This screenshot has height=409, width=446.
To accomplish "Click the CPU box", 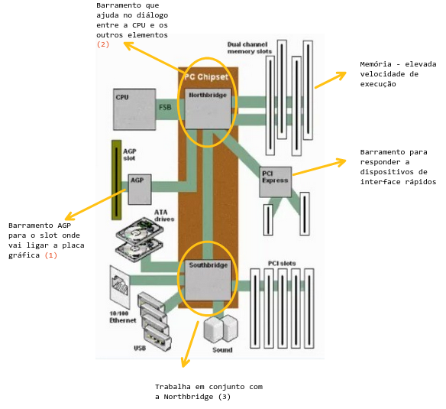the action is [134, 109].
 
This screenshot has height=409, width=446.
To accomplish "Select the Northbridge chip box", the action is [208, 109].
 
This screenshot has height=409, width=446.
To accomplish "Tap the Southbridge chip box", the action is [208, 281].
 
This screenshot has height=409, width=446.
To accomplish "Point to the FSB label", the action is [165, 107].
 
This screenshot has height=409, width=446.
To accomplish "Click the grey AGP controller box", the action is [139, 190].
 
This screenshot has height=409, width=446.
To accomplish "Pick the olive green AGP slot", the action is [116, 180].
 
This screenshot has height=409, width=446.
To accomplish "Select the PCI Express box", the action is [276, 182].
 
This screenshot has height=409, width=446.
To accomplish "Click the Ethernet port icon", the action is [120, 287].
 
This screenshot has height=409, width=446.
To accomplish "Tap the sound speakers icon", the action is [221, 329].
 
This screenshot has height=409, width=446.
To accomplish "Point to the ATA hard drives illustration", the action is [140, 239].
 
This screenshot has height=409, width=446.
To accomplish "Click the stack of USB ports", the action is [154, 321].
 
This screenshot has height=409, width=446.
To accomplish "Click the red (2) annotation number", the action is [102, 44].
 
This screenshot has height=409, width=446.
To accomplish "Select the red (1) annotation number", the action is [51, 255].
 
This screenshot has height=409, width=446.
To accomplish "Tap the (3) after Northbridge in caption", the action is [225, 397].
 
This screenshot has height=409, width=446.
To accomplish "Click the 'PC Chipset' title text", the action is [206, 77].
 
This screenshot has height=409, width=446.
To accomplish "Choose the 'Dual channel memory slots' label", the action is [250, 48].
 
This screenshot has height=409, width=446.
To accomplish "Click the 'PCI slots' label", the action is [282, 264].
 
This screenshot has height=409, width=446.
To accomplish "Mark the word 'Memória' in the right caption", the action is [376, 64].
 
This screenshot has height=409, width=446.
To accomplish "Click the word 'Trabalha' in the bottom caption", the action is [173, 387].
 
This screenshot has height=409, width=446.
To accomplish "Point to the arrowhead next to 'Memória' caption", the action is [341, 75].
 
